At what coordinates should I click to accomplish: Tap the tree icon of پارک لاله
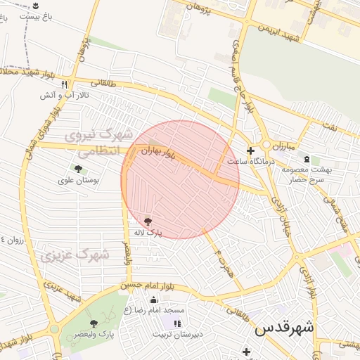(x=147, y=221)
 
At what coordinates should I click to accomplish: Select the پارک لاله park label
(x=149, y=231)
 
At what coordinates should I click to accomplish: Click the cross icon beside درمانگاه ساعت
(x=250, y=150)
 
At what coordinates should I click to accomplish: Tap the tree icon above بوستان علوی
(x=77, y=169)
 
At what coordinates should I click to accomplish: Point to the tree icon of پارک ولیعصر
(x=94, y=323)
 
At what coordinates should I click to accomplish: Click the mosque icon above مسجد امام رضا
(x=154, y=300)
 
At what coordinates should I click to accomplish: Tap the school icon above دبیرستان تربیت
(x=177, y=323)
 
